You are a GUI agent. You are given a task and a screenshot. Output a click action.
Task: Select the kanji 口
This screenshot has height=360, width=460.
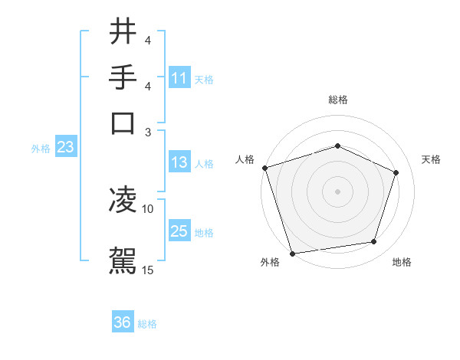[123, 123]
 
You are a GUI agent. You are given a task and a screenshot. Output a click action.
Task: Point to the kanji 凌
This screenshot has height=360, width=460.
[123, 201]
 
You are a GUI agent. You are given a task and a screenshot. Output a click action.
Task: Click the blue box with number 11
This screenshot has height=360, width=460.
[179, 78]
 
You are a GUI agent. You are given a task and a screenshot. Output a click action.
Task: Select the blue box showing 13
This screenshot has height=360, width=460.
[179, 162]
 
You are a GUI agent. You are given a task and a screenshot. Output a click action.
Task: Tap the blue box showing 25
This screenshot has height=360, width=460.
[179, 231]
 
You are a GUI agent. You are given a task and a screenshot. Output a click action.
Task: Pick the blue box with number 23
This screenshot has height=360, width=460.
[65, 148]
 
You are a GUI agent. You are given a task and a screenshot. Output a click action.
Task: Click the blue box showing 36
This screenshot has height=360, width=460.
[123, 322]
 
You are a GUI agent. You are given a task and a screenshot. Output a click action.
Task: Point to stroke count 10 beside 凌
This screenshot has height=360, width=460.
[148, 208]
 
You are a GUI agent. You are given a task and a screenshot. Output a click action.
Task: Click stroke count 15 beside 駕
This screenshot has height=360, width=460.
[148, 270]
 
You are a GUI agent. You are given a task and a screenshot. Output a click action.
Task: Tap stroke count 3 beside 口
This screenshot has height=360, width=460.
[148, 132]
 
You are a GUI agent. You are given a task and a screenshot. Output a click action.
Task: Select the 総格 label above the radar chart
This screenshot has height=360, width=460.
[337, 100]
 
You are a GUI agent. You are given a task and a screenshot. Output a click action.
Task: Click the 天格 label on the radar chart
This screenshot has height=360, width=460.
[431, 159]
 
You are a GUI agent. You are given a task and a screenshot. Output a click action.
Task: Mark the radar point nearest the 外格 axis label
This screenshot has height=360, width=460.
[292, 253]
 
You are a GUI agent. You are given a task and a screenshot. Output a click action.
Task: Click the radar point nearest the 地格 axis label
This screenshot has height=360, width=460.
[374, 242]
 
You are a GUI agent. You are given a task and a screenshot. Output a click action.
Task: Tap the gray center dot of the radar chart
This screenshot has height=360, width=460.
[337, 191]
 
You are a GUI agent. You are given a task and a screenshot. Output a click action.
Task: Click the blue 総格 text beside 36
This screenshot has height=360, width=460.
[147, 324]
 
